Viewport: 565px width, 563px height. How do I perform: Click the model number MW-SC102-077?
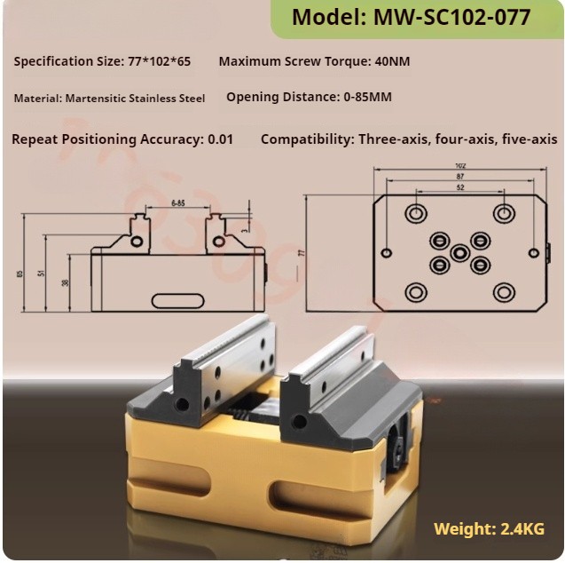453,17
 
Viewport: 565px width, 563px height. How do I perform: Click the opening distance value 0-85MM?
367,97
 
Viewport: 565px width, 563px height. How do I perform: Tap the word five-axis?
530,139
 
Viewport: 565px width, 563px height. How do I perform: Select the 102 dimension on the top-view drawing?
459,165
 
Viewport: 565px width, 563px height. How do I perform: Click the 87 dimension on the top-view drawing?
459,177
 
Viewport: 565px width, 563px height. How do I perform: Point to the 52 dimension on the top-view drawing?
459,188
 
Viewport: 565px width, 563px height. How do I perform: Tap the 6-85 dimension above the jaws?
177,203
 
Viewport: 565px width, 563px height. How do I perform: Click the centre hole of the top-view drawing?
459,253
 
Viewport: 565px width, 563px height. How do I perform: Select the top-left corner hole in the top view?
415,213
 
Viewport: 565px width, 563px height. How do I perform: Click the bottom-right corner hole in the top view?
504,292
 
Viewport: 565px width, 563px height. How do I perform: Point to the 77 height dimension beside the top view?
301,253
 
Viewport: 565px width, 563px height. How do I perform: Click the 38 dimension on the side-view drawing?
65,282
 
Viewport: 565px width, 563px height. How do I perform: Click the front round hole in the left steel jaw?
182,405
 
